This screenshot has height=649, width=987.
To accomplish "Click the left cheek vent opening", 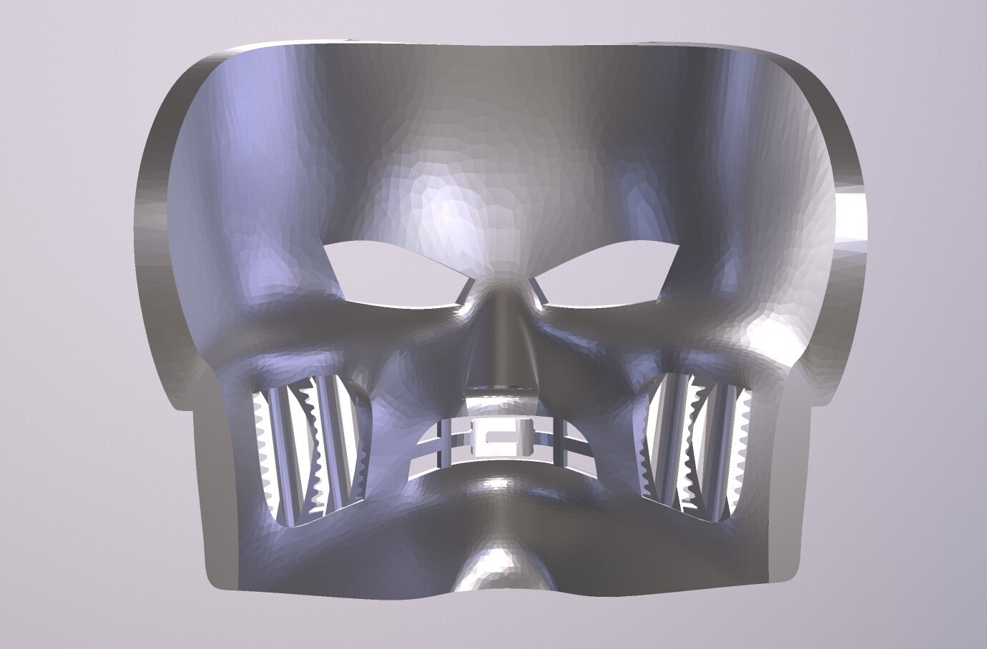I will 311,450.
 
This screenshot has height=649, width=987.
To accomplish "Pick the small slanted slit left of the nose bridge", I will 465,292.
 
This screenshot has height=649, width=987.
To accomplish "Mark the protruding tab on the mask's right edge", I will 851,222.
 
